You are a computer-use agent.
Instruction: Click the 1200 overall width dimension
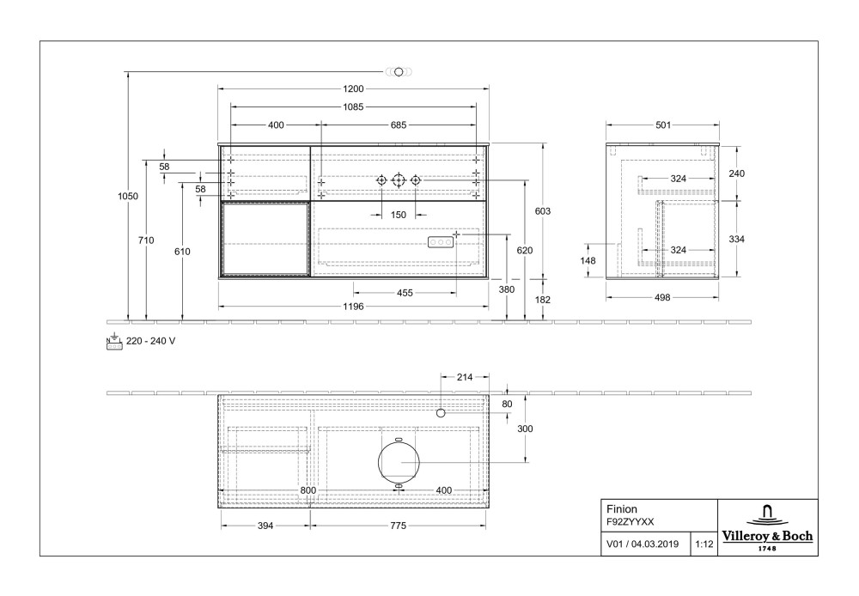[x=353, y=88]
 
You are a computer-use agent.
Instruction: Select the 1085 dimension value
[x=353, y=107]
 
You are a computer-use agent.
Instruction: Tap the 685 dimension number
[x=399, y=125]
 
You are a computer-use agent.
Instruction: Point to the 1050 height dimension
[x=128, y=197]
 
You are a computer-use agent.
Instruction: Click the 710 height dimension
[x=146, y=240]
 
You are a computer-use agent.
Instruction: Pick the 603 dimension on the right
[x=542, y=211]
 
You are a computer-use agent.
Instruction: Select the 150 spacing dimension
[x=399, y=216]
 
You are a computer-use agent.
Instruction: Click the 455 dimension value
[x=405, y=293]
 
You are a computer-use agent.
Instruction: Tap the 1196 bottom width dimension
[x=353, y=307]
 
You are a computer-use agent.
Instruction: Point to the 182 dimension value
[x=542, y=300]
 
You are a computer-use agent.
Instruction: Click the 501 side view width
[x=663, y=125]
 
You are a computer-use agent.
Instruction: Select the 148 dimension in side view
[x=588, y=261]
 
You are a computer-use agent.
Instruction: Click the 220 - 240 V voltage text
[x=150, y=341]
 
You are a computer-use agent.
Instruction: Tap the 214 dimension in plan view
[x=465, y=377]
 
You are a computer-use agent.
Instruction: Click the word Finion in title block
[x=622, y=508]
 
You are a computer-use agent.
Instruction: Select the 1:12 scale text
[x=704, y=544]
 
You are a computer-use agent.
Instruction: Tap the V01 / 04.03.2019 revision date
[x=643, y=544]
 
